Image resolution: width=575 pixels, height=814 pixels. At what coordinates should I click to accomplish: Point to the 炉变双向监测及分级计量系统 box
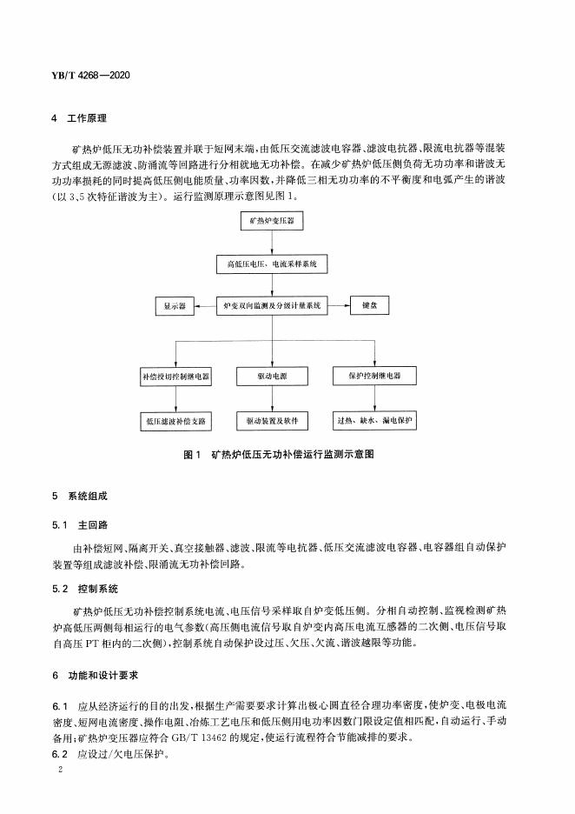(273, 306)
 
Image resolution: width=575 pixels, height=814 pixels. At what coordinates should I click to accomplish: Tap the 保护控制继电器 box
(374, 377)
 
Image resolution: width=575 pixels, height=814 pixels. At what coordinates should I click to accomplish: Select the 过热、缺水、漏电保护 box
(374, 421)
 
